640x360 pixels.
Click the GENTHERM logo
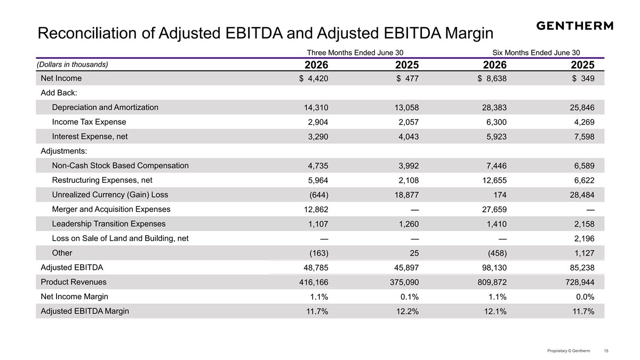[x=574, y=26]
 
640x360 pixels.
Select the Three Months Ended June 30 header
[x=355, y=53]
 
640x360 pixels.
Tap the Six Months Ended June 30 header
[x=536, y=53]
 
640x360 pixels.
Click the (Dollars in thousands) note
[x=73, y=65]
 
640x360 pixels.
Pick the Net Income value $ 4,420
[x=314, y=78]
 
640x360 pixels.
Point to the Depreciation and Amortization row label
[x=105, y=107]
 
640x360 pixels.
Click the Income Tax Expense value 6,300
[x=497, y=122]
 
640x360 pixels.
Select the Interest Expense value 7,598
[x=585, y=137]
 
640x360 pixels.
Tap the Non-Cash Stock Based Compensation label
[x=121, y=165]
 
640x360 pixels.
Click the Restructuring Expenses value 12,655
[x=494, y=180]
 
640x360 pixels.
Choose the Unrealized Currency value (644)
[x=319, y=195]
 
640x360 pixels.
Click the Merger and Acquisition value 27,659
[x=494, y=210]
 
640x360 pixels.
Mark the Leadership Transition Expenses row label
[x=109, y=223]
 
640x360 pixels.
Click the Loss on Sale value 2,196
[x=585, y=238]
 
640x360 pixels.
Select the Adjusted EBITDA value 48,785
[x=316, y=268]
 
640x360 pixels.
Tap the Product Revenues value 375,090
[x=404, y=282]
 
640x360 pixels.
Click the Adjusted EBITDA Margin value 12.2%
[x=407, y=311]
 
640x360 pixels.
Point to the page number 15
[x=606, y=350]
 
